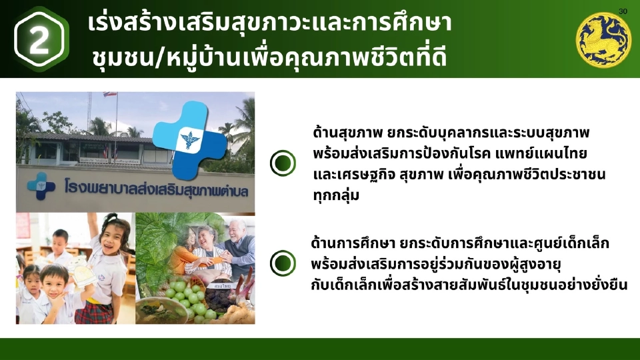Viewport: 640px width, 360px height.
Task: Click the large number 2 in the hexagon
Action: point(40,40)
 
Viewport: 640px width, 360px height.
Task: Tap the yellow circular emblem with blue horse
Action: point(603,40)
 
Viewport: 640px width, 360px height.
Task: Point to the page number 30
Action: point(623,12)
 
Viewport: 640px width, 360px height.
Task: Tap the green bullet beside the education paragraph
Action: point(283,263)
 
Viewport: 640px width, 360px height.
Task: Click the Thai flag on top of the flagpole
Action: point(109,95)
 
